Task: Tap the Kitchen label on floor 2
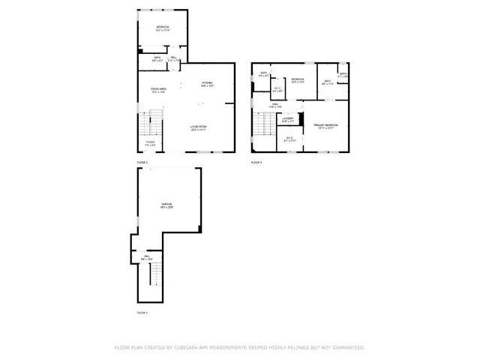point(208,84)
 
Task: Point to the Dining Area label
point(157,90)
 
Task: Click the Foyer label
point(150,142)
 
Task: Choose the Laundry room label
point(288,119)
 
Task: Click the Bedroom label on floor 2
point(163,28)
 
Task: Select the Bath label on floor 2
point(157,58)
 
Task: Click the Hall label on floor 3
point(275,106)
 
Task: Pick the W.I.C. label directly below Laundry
point(290,139)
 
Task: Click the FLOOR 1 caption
point(142,313)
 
